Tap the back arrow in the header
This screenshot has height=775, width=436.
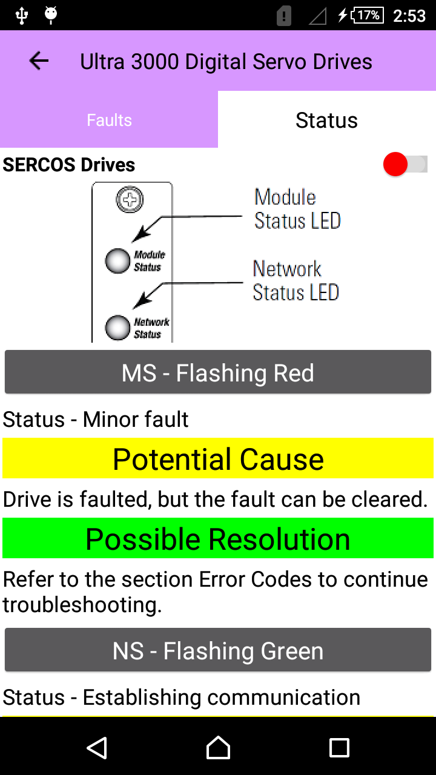click(x=39, y=61)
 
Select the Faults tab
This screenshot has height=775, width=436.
click(x=109, y=120)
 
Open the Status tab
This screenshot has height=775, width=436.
click(x=326, y=120)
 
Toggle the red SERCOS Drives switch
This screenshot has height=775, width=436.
click(x=405, y=164)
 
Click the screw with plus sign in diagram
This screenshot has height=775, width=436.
click(x=130, y=199)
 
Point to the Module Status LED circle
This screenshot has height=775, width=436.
click(x=117, y=260)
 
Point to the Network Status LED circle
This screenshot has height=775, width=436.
click(x=117, y=328)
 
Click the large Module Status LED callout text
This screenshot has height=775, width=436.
click(x=297, y=209)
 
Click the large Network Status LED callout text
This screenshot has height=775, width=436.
click(x=296, y=280)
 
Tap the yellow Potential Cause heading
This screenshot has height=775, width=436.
click(x=218, y=459)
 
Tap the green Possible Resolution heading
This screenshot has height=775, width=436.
click(x=218, y=539)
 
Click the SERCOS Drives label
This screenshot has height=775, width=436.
click(x=69, y=165)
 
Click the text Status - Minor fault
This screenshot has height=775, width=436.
click(x=96, y=419)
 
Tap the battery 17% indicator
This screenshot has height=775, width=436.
click(x=368, y=15)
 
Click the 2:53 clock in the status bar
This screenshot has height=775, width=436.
click(x=409, y=16)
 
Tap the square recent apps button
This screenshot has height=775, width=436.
click(x=339, y=748)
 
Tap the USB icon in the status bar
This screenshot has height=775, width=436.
click(x=22, y=15)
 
